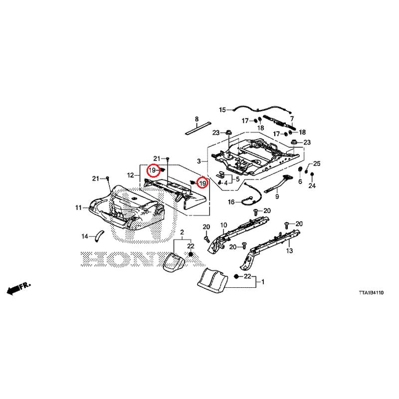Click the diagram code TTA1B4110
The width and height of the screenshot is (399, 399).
coord(371,293)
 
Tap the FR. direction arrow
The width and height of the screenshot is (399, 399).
coord(18,288)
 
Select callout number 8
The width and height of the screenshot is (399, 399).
coord(197,119)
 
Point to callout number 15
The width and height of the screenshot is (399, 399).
coord(222,110)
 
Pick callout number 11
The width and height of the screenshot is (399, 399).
coord(78,208)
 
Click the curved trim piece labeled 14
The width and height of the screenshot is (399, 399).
coord(98,236)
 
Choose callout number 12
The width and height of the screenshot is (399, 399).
coord(130,176)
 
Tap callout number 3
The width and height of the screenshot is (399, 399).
coord(199,161)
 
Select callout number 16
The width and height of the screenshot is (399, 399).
coord(231,202)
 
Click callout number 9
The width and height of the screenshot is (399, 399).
coord(277,197)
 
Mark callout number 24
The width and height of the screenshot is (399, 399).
coord(312,186)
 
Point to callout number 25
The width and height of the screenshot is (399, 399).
coord(317,164)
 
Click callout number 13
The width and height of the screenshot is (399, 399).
coord(290,251)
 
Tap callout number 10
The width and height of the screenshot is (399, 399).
coord(223,225)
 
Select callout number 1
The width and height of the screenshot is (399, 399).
coord(263,282)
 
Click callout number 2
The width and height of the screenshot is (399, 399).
coord(182,232)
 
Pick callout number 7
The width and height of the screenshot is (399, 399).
coord(292,119)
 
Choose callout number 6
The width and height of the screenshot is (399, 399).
coord(300,182)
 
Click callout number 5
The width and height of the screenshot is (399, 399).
coord(238,179)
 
